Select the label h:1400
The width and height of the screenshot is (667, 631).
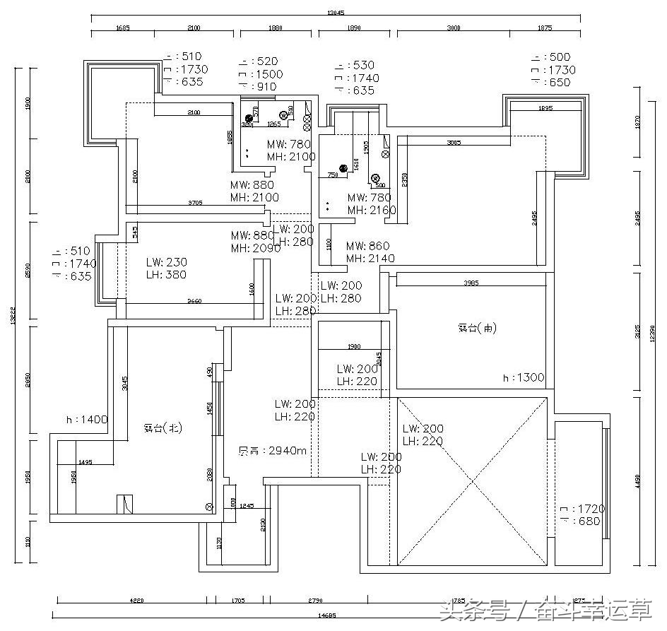pyautogui.click(x=87, y=420)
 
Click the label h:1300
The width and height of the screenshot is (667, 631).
pyautogui.click(x=523, y=378)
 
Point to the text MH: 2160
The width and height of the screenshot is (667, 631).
pyautogui.click(x=372, y=210)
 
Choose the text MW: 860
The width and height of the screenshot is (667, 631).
pyautogui.click(x=367, y=246)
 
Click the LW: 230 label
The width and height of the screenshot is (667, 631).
pyautogui.click(x=167, y=262)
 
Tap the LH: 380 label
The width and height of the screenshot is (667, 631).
pyautogui.click(x=167, y=275)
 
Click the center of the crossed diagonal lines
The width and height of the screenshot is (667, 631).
pyautogui.click(x=472, y=482)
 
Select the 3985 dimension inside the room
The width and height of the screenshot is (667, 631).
pyautogui.click(x=471, y=283)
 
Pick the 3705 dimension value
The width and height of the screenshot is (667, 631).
pyautogui.click(x=195, y=203)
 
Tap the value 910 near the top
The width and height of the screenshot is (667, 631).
pyautogui.click(x=266, y=87)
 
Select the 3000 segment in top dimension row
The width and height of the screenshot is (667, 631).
pyautogui.click(x=453, y=28)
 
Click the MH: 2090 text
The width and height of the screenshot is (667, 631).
pyautogui.click(x=256, y=248)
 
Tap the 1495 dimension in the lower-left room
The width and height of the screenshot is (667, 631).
pyautogui.click(x=85, y=461)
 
